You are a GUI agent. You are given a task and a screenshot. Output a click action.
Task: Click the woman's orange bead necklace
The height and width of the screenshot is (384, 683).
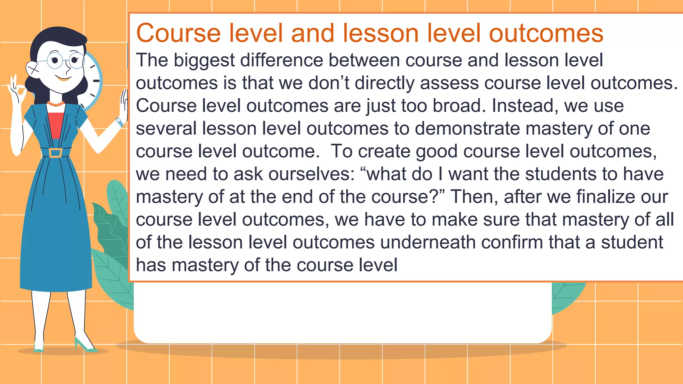[56, 104]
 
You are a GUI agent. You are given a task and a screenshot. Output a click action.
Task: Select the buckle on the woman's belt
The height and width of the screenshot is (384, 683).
[55, 153]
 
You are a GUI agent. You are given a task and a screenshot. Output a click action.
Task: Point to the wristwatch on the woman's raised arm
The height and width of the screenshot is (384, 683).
[119, 121]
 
